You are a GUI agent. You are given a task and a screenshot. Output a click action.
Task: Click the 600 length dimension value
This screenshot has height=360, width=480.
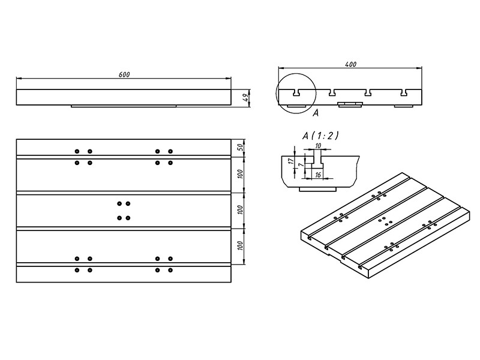tap(124, 74)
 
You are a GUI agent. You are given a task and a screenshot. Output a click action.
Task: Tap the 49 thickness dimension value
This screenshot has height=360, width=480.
tap(245, 98)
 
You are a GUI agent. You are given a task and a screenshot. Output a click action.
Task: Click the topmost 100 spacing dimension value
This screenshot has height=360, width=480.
tap(240, 175)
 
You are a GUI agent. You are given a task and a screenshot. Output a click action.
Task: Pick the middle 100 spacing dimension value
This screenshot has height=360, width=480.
tap(240, 210)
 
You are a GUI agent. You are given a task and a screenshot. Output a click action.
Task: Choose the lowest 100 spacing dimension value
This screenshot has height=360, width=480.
tap(240, 246)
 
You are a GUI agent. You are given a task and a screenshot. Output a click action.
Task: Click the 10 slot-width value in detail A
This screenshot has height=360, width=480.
tap(318, 146)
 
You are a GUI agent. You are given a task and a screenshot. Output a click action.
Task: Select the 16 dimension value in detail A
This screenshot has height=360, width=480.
tap(318, 175)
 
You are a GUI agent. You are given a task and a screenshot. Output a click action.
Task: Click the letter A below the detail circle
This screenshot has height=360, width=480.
tap(316, 112)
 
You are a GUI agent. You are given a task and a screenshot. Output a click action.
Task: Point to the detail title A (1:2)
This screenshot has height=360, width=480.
tap(320, 136)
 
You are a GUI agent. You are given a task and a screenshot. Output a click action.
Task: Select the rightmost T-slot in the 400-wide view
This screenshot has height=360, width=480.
tap(405, 93)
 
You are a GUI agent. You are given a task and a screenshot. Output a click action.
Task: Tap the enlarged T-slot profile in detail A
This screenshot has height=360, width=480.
tap(318, 163)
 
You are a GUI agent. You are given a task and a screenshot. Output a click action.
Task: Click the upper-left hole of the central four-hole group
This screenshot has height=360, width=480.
tap(120, 204)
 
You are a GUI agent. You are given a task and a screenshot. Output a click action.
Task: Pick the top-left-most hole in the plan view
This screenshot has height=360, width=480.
tap(77, 151)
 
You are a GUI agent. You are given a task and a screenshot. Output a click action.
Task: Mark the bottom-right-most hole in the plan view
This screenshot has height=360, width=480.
tap(170, 271)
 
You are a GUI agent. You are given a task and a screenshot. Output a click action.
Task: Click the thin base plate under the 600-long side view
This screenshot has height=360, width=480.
tap(124, 107)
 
